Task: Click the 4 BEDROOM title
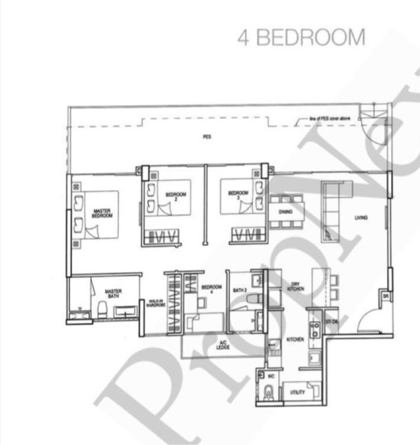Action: (x=301, y=37)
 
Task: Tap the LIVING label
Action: (x=360, y=218)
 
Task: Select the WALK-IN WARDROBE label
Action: (x=153, y=305)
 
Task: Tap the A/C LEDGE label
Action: (x=223, y=346)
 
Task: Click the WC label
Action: (x=271, y=376)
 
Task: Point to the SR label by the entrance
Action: (x=385, y=296)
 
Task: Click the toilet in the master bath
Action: (x=102, y=309)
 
